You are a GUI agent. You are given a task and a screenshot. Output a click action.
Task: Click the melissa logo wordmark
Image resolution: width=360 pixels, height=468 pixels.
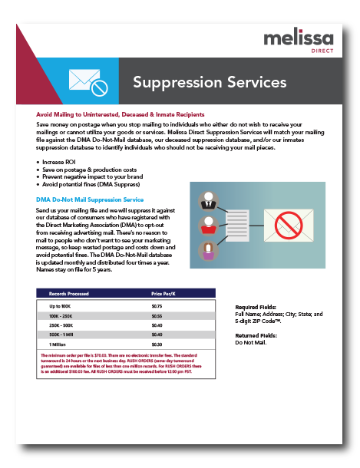[x=292, y=39]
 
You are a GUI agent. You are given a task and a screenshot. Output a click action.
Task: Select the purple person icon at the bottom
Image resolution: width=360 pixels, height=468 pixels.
[x=206, y=251]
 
